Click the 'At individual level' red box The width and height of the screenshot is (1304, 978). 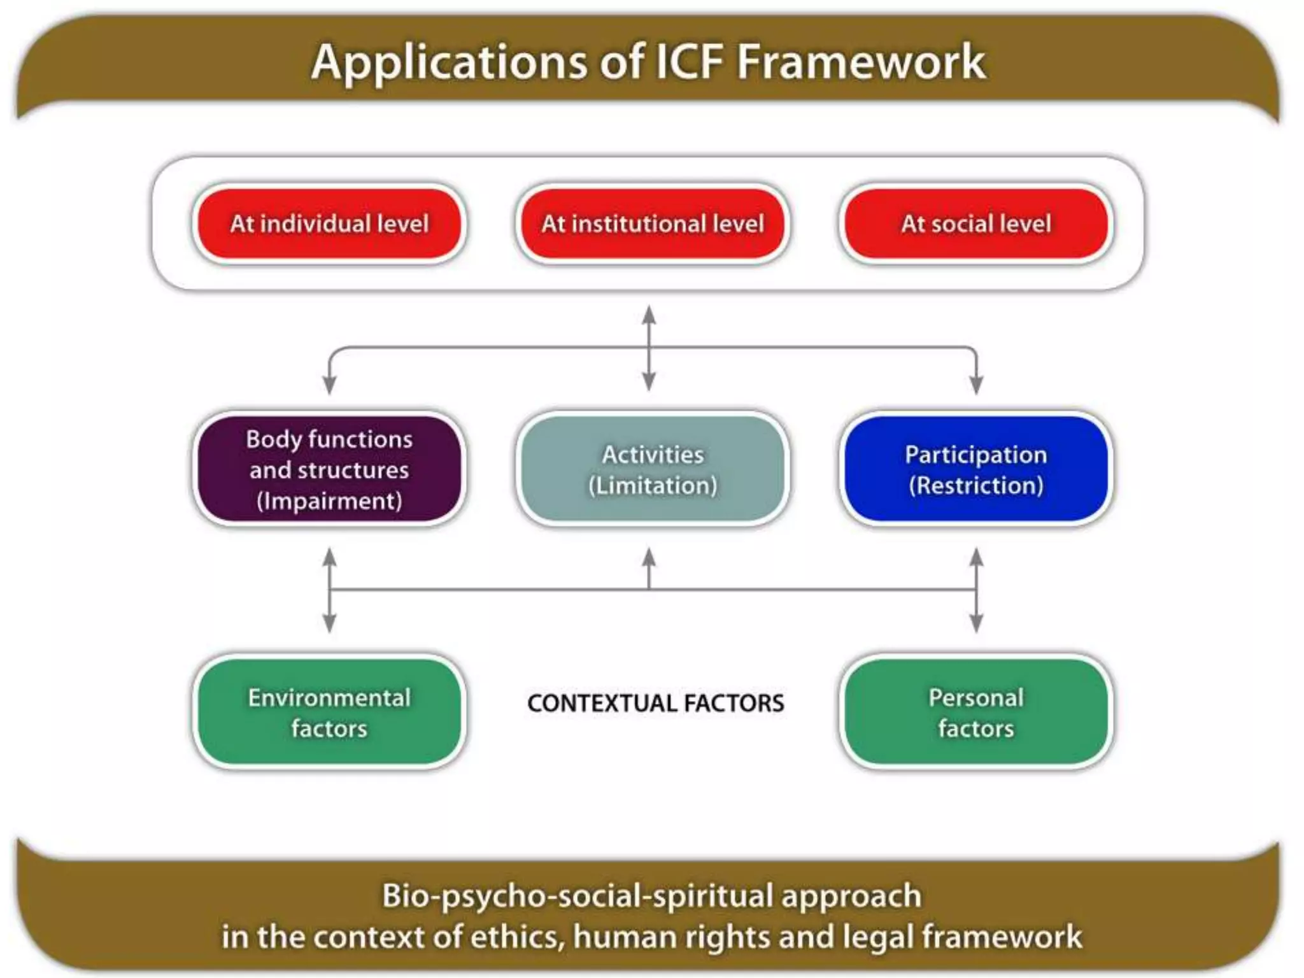click(329, 223)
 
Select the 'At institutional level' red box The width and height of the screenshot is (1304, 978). click(653, 223)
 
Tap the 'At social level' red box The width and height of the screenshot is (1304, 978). click(975, 223)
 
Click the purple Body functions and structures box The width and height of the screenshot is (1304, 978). click(329, 469)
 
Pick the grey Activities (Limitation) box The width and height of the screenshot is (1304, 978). click(653, 469)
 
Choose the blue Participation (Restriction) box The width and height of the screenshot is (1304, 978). click(975, 469)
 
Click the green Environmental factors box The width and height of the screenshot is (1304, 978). click(329, 712)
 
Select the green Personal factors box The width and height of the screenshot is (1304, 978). click(975, 712)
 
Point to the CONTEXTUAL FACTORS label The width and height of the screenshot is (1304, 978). click(655, 703)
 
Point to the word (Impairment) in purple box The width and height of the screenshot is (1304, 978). click(329, 501)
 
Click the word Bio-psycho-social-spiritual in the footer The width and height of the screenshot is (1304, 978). click(576, 896)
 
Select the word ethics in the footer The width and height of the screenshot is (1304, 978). click(526, 937)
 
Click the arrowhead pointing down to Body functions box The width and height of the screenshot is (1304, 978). click(329, 385)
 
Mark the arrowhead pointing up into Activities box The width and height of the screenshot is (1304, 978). click(649, 557)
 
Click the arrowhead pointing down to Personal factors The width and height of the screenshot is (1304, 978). click(976, 623)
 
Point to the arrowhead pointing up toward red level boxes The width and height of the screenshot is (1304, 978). click(649, 315)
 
